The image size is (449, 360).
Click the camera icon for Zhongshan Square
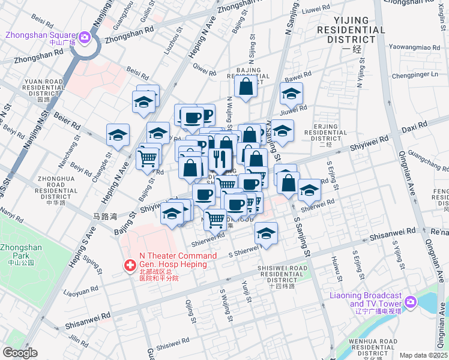pos(85,38)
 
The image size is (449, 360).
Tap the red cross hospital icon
pos(130,265)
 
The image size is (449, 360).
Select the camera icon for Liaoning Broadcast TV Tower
pos(410,301)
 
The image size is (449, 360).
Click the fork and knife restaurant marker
pos(218,159)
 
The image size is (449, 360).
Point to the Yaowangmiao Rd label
pos(406,47)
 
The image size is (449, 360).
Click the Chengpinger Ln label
pos(415,75)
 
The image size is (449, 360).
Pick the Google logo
pos(20,352)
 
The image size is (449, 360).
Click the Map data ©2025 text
pos(423,355)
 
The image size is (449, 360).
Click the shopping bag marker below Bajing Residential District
pos(246,87)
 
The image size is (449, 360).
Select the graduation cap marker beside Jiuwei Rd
pos(291,94)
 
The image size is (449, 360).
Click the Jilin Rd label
pos(79,340)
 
